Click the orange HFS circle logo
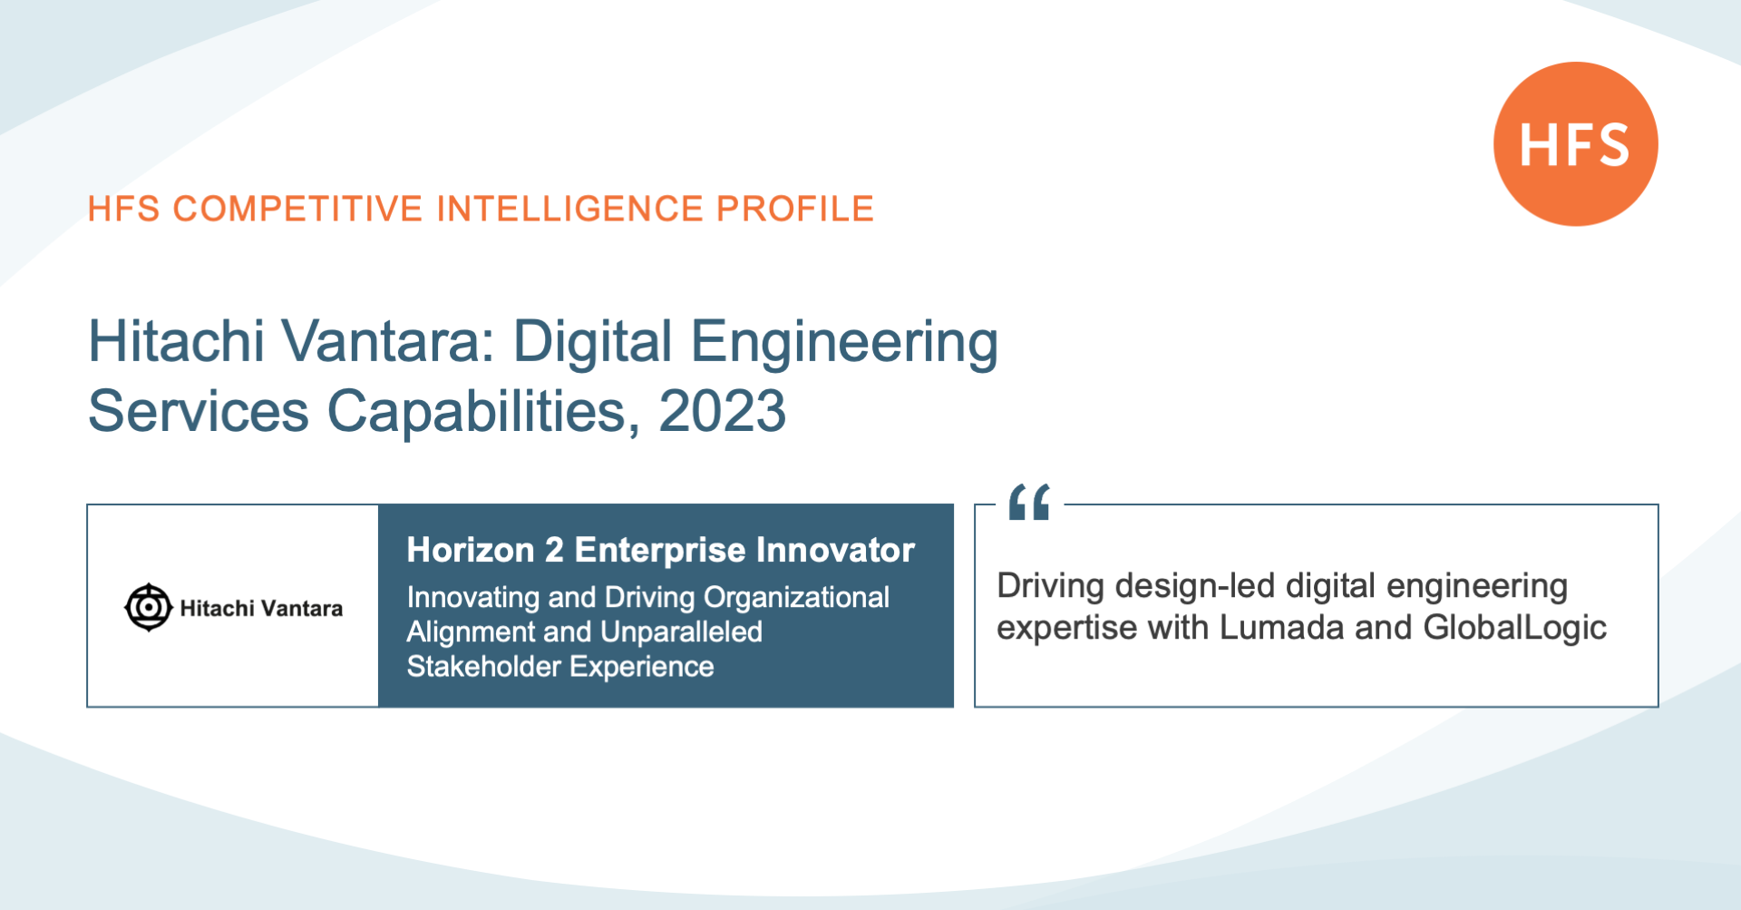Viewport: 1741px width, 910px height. [x=1575, y=144]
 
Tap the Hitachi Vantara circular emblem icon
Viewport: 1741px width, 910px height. [x=148, y=607]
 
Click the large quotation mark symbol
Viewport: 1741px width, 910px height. [x=1029, y=502]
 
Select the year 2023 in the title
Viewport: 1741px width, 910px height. [x=722, y=411]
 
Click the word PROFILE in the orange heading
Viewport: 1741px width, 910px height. [x=795, y=209]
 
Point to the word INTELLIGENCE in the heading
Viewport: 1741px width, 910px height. [x=569, y=209]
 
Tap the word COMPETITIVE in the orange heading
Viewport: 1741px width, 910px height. [x=297, y=209]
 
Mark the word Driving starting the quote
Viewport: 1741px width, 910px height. [x=1051, y=587]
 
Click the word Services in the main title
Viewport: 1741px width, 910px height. [x=199, y=411]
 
